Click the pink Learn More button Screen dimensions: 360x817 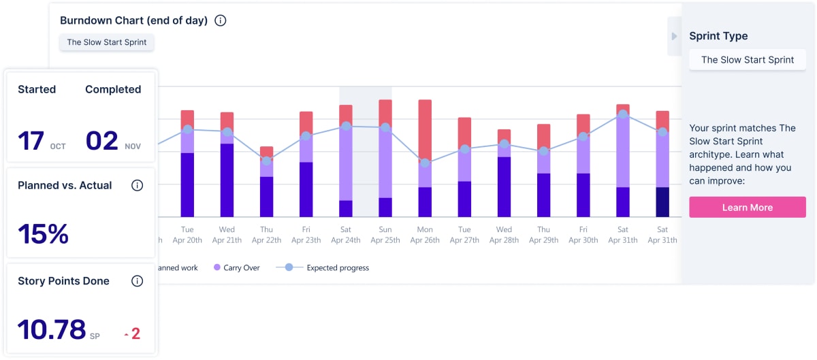(x=747, y=208)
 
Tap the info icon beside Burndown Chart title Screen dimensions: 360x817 (x=220, y=20)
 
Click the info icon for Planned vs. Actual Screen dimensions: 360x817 (x=137, y=185)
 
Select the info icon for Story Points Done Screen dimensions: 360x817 (x=137, y=281)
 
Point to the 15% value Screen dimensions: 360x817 (x=43, y=234)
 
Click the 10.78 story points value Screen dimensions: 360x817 (x=52, y=329)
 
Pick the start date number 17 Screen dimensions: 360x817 (x=31, y=141)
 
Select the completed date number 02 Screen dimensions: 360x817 (x=102, y=141)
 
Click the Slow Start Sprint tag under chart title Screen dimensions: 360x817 (x=107, y=42)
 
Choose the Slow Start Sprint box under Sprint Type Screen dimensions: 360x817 (x=747, y=60)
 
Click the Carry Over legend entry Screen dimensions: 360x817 (x=238, y=267)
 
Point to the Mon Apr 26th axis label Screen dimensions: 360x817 (x=425, y=235)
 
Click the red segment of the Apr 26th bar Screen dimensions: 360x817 (x=425, y=129)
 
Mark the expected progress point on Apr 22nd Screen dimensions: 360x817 (x=267, y=161)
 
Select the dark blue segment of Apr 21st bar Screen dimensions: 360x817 (x=227, y=180)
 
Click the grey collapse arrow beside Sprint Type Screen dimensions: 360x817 (x=674, y=36)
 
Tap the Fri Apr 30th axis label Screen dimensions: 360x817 (x=583, y=235)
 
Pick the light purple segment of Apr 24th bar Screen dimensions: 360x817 (x=346, y=163)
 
